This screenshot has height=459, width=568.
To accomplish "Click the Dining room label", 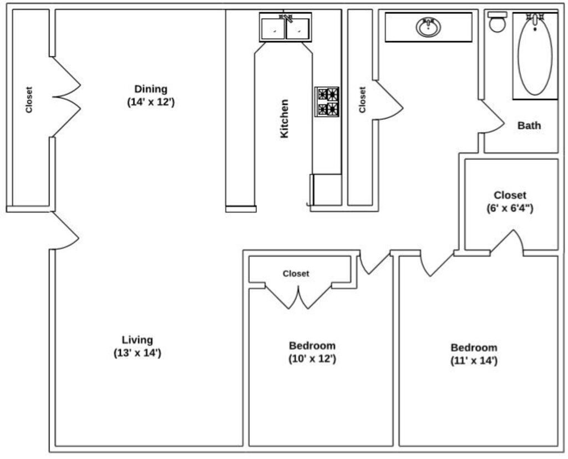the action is pyautogui.click(x=151, y=95).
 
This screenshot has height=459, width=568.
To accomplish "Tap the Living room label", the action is pyautogui.click(x=138, y=346).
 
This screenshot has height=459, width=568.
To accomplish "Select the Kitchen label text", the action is pyautogui.click(x=285, y=119).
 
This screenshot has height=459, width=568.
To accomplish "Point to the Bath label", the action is pyautogui.click(x=529, y=125).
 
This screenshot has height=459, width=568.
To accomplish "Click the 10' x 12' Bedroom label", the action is pyautogui.click(x=312, y=352).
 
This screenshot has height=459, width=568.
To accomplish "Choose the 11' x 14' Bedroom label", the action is pyautogui.click(x=474, y=354).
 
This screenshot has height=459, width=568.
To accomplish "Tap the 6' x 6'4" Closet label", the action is pyautogui.click(x=510, y=201).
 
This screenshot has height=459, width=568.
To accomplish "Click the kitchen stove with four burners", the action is pyautogui.click(x=327, y=102).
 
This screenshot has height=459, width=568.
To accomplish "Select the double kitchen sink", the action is pyautogui.click(x=286, y=28).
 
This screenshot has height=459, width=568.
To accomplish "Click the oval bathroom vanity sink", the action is pyautogui.click(x=429, y=27).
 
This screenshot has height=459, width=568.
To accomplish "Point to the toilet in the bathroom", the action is pyautogui.click(x=498, y=22).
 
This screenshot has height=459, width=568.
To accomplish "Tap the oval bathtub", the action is pyautogui.click(x=535, y=54).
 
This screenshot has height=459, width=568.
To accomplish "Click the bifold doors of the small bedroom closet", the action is pyautogui.click(x=298, y=296).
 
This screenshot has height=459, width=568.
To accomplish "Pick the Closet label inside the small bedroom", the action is pyautogui.click(x=296, y=274).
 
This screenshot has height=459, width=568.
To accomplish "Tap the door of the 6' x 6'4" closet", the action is pyautogui.click(x=507, y=241).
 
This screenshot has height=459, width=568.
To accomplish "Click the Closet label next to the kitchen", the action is pyautogui.click(x=362, y=100).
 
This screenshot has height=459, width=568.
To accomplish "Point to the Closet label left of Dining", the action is pyautogui.click(x=29, y=100).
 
